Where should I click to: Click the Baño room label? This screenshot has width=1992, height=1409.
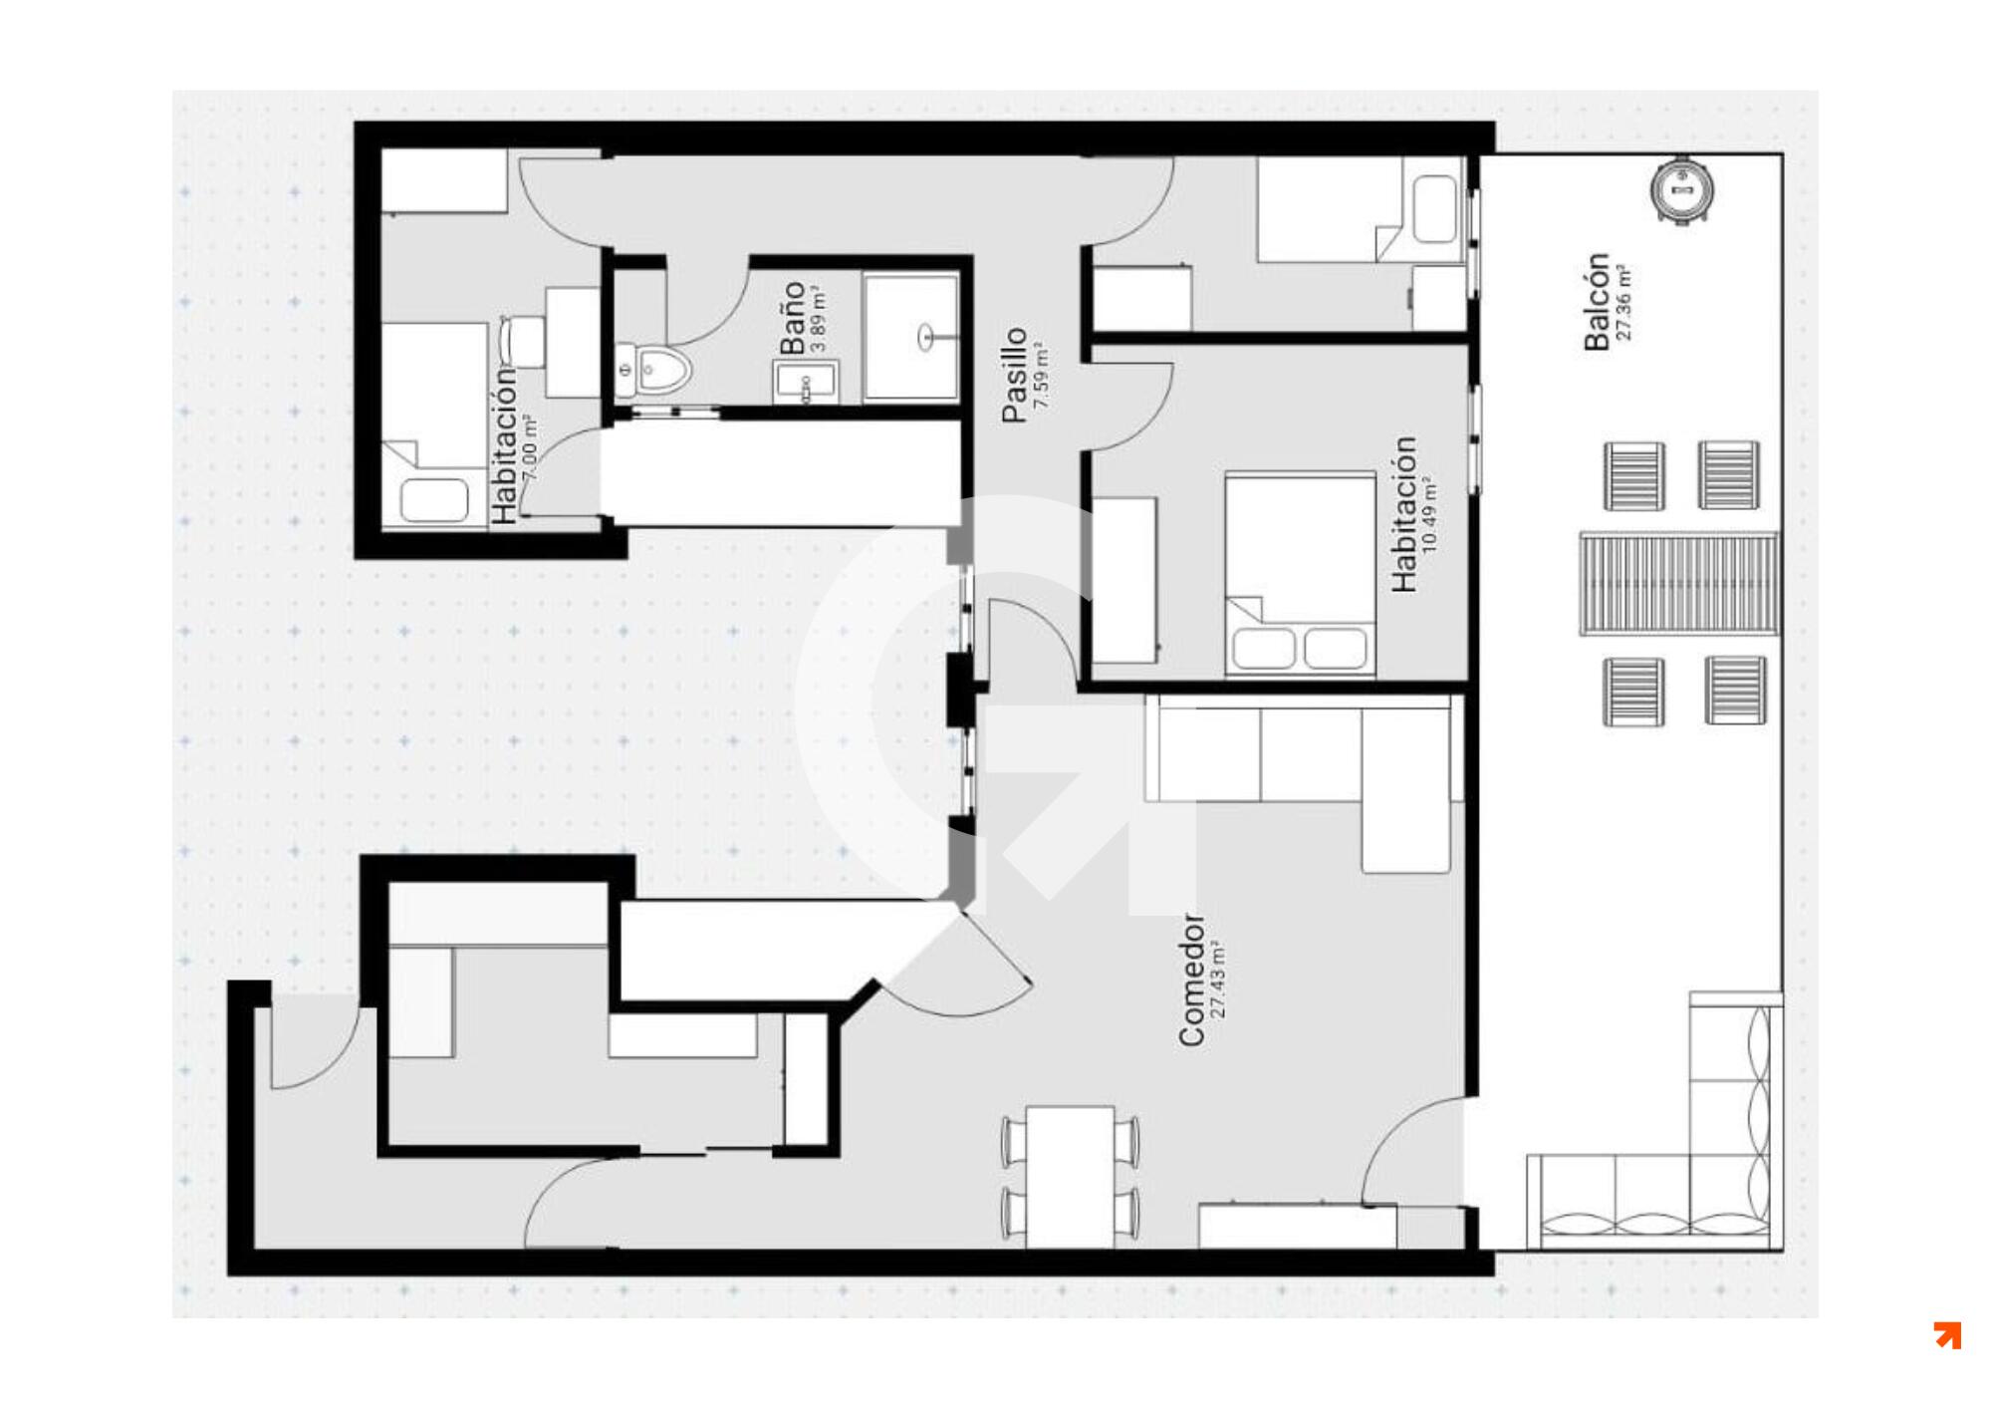click(x=792, y=318)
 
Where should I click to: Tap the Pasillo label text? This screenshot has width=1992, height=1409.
click(x=1014, y=375)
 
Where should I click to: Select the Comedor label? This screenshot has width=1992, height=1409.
click(x=1191, y=981)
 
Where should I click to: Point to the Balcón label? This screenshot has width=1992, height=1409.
click(x=1596, y=302)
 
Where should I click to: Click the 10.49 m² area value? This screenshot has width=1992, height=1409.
click(x=1430, y=515)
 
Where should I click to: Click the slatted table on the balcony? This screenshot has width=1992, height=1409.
click(x=1678, y=584)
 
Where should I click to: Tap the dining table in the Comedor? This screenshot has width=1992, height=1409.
click(x=1071, y=1176)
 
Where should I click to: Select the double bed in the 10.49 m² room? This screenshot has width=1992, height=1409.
click(x=1300, y=575)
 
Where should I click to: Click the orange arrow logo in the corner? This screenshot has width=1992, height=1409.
click(x=1947, y=1335)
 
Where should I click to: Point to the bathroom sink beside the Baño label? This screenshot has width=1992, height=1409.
click(x=807, y=384)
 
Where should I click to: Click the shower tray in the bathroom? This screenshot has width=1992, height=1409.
click(x=911, y=339)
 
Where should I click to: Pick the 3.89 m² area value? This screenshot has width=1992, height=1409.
click(x=819, y=319)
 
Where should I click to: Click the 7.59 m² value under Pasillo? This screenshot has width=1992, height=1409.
click(x=1042, y=376)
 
